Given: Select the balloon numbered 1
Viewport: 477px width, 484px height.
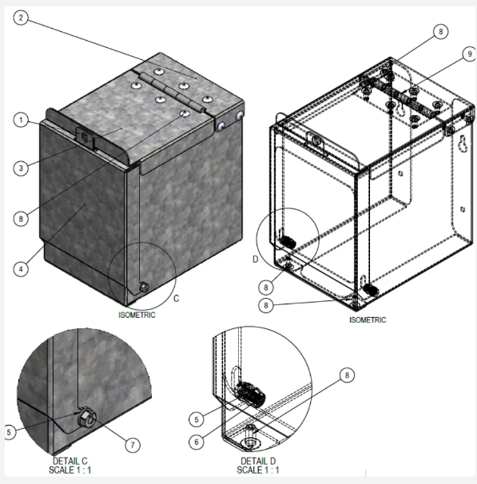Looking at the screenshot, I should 22,120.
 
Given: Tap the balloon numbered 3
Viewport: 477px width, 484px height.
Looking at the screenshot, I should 22,168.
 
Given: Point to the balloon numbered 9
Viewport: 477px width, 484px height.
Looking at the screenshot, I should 444,54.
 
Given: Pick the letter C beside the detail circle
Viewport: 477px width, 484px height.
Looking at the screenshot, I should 177,299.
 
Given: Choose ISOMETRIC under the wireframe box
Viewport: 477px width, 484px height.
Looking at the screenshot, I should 367,319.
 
